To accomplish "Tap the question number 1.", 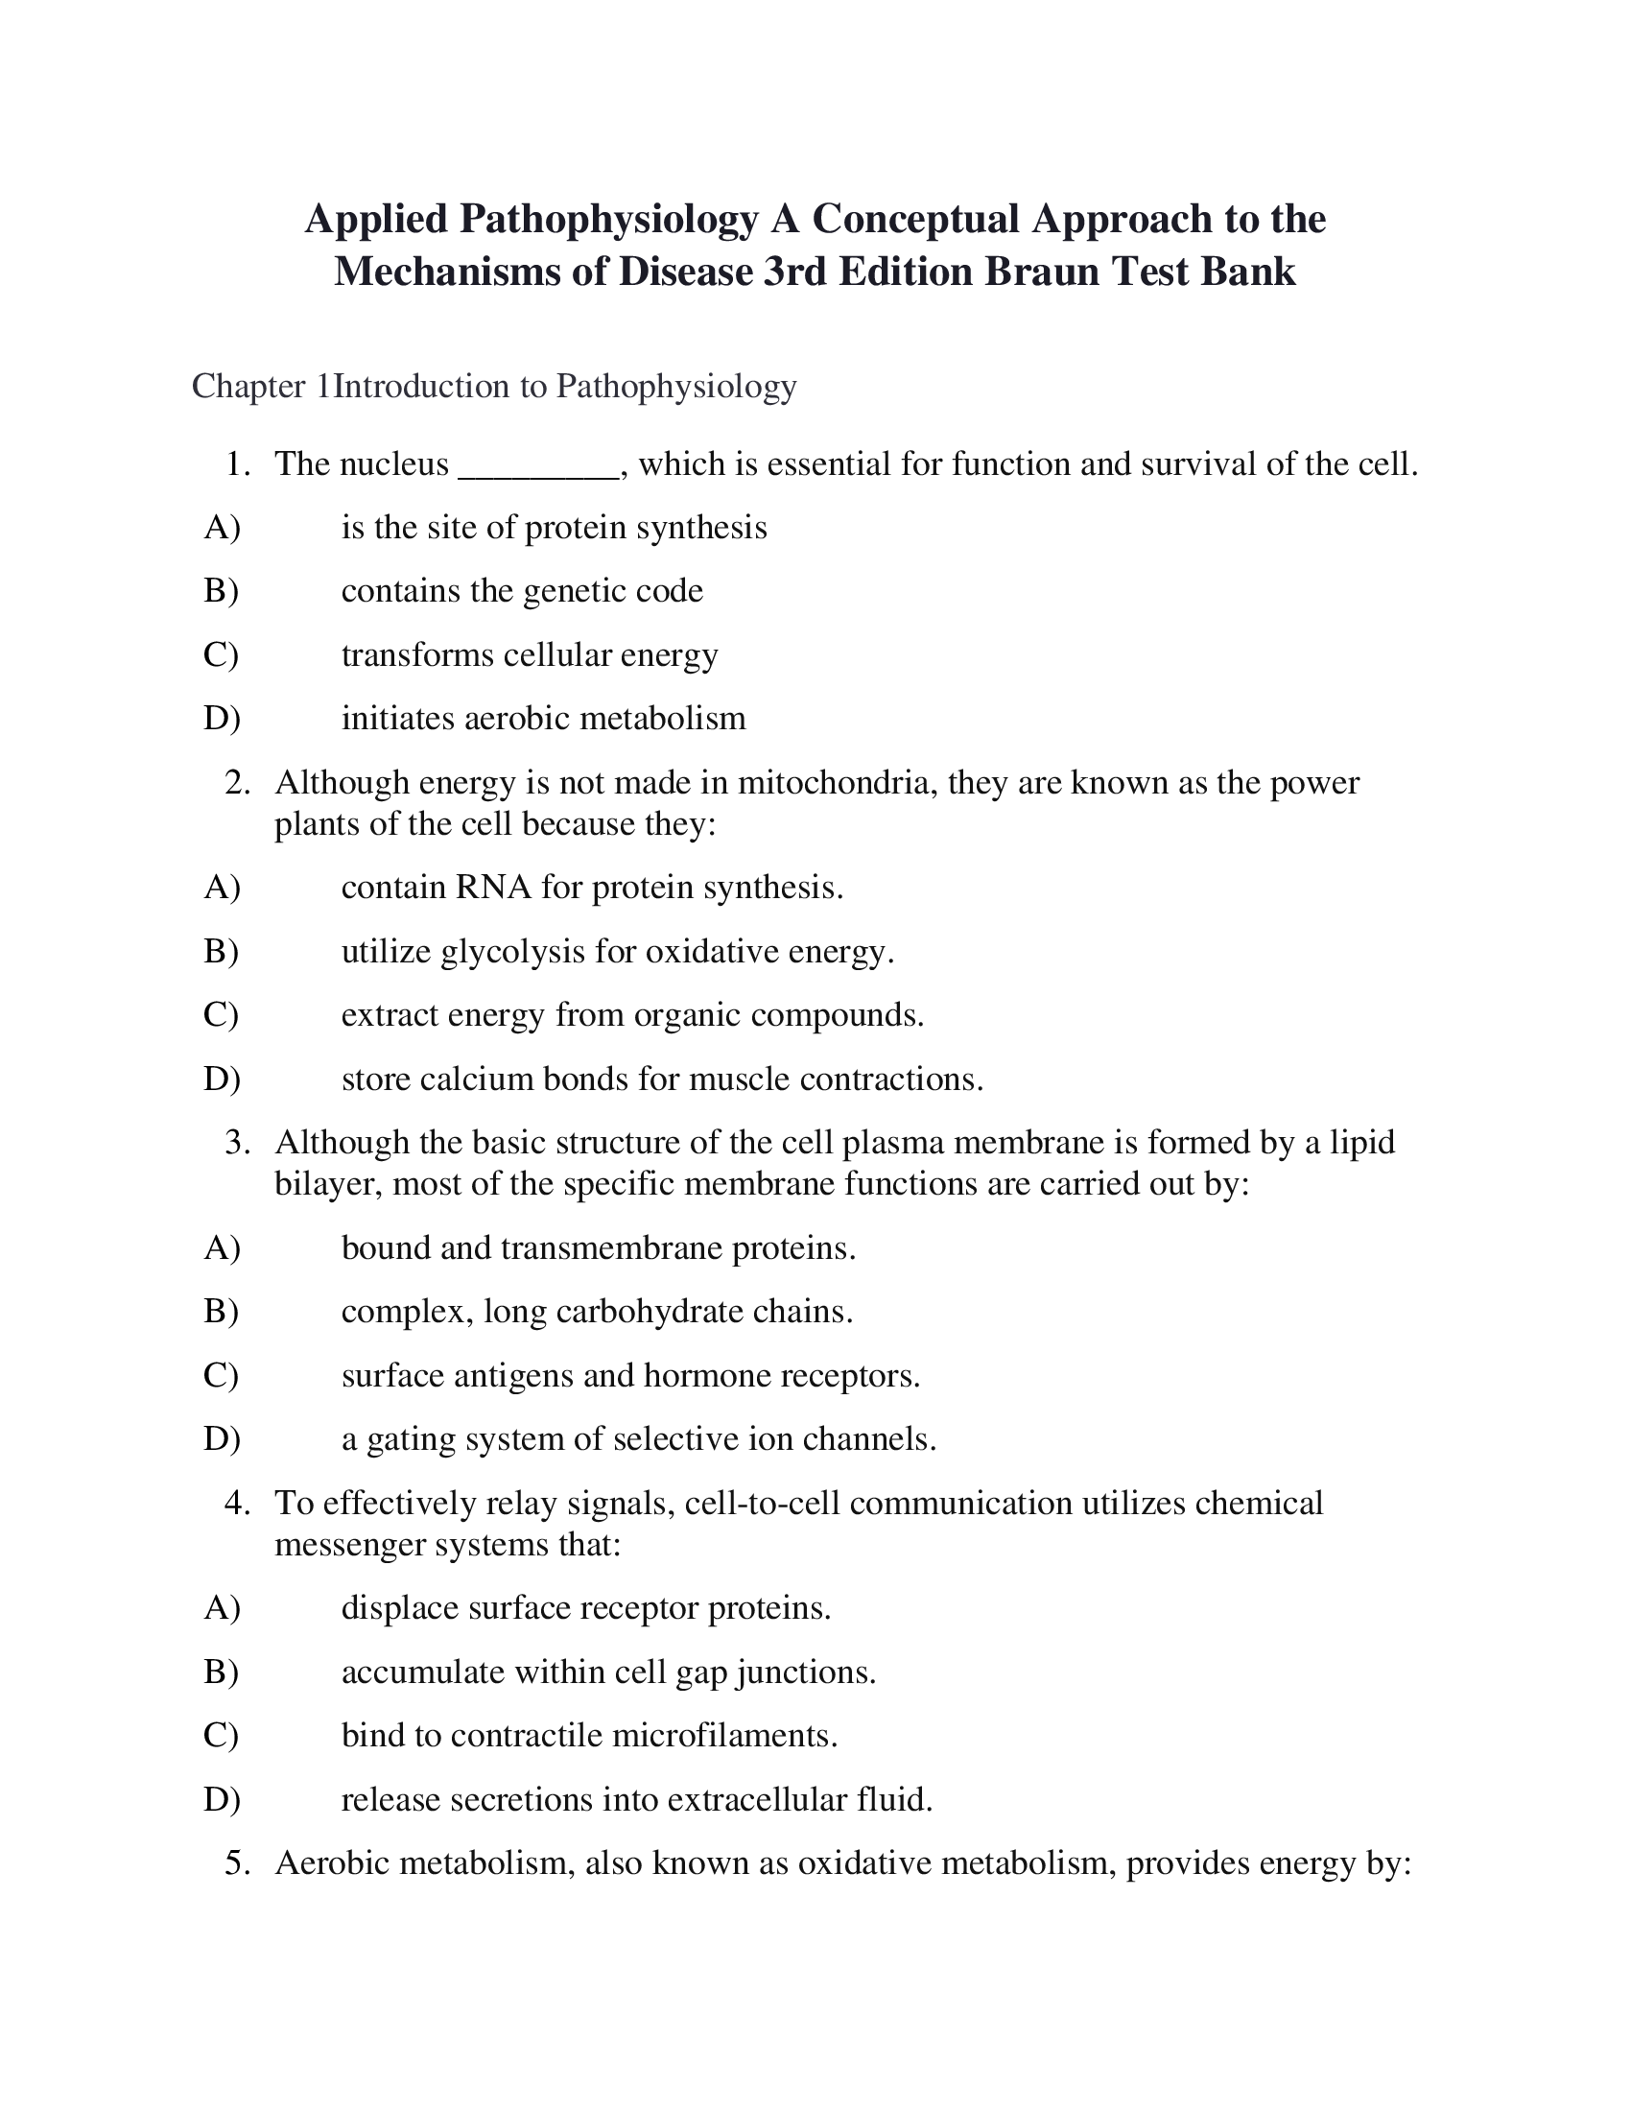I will coord(237,465).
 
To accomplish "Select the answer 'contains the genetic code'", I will coord(522,590).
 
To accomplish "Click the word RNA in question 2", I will coord(494,888).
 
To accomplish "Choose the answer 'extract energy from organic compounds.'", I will coord(633,1015).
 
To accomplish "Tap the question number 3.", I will coord(237,1143).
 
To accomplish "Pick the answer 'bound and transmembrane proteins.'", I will coord(598,1247).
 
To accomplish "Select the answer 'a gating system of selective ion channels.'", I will coord(639,1439).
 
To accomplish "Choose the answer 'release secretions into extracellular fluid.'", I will coord(637,1800).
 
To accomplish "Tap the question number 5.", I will coord(237,1863).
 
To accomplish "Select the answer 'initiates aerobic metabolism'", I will coord(543,718).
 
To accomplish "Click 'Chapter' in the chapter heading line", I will coord(249,387).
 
